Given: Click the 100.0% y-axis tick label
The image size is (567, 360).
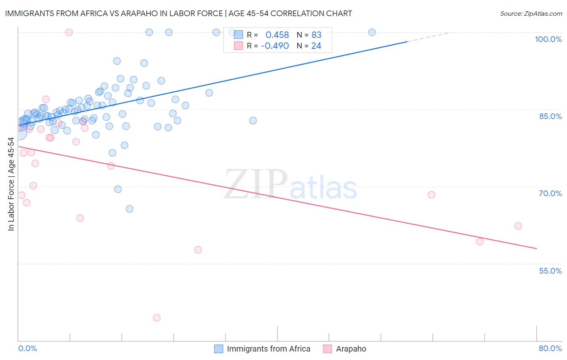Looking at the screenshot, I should tap(548, 39).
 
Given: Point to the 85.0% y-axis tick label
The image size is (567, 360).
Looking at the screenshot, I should tap(550, 116).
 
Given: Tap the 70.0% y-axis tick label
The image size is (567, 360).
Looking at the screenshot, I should tap(550, 193).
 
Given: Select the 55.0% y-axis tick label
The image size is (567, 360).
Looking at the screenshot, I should tap(550, 271).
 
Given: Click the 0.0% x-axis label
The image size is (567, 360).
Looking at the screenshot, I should tap(27, 348).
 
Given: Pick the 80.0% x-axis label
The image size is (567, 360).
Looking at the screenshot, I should tap(550, 348).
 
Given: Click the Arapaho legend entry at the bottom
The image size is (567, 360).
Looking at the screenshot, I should tap(351, 349).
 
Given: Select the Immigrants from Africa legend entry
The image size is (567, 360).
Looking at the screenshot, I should tap(268, 349).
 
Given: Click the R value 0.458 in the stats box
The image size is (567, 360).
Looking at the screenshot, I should tap(277, 35).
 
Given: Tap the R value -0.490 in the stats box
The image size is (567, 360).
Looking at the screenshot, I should tap(275, 46).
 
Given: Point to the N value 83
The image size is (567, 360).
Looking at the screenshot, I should tap(316, 35).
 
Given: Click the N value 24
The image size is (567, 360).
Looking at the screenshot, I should tap(316, 46).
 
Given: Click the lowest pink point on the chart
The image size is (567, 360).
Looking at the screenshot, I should tap(157, 318).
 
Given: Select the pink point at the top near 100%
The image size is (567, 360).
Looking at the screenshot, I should tap(69, 32).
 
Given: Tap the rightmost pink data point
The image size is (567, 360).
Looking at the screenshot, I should tap(518, 226).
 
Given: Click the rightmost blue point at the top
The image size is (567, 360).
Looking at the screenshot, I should tap(372, 32).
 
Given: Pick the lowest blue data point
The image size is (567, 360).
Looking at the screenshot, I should tap(129, 209).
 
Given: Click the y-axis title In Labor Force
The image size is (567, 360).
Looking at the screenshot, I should tap(11, 184).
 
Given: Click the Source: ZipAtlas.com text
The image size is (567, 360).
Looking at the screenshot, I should tap(531, 14).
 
